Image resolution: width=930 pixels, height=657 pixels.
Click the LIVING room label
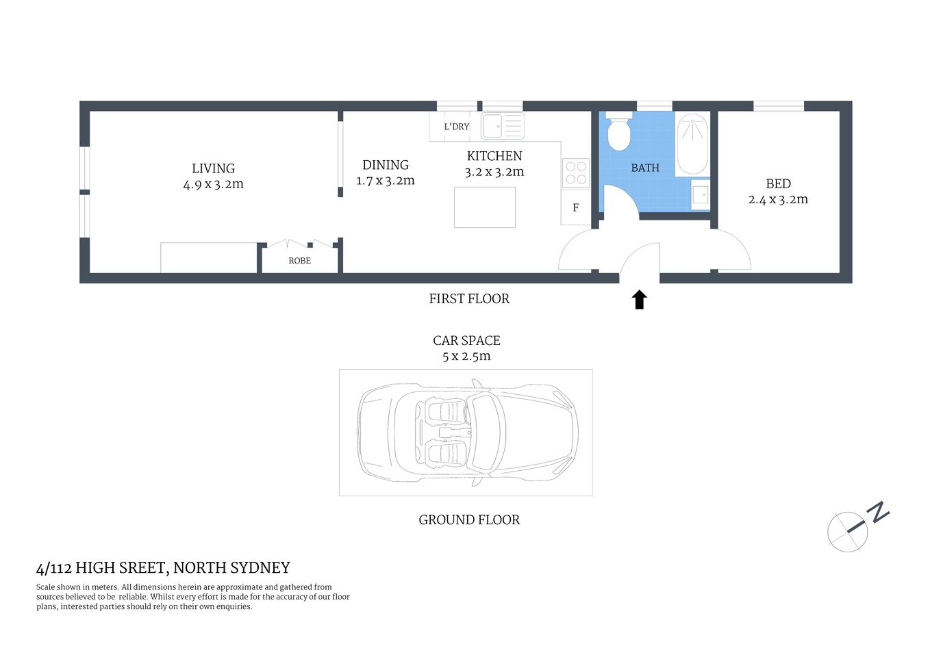[x=213, y=168]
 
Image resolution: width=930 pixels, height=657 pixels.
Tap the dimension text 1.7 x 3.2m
[x=386, y=181]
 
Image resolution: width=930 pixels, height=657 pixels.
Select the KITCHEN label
[x=494, y=156]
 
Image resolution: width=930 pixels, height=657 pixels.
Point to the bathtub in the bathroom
[x=692, y=144]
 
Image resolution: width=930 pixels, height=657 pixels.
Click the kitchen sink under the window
[x=502, y=127]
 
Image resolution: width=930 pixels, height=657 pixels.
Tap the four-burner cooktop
[x=576, y=173]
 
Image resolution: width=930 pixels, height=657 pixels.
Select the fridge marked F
[x=575, y=207]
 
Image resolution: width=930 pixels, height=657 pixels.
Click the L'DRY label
[x=456, y=127]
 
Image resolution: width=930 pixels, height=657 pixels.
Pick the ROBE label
[x=299, y=261]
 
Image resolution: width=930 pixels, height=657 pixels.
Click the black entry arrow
[x=640, y=300]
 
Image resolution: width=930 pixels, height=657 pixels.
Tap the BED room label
[x=778, y=184]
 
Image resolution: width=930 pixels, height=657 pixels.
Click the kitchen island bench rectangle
[x=485, y=207]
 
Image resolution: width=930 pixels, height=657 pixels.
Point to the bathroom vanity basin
[x=700, y=194]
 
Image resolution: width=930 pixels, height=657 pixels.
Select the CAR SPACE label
[x=466, y=341]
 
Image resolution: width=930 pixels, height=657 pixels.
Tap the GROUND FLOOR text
[x=469, y=520]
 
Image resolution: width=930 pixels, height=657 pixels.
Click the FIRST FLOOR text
[x=469, y=299]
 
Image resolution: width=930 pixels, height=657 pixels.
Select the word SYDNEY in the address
[x=260, y=568]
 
